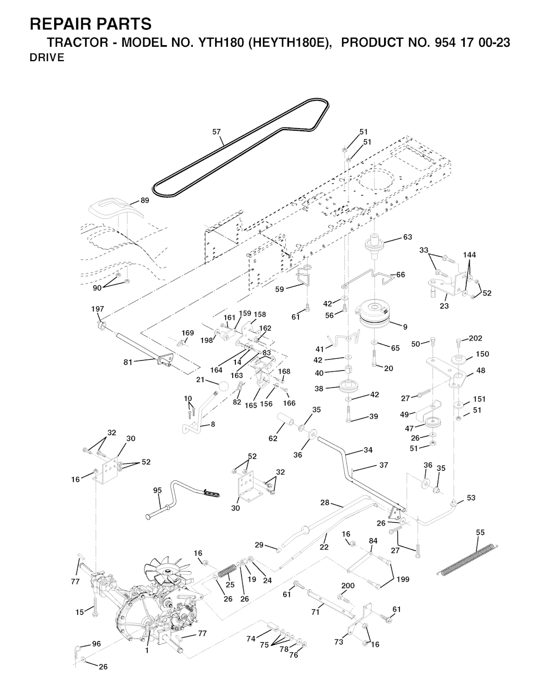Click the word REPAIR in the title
62,24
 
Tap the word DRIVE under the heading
47,58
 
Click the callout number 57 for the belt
217,132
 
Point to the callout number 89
145,200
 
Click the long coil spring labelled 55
468,559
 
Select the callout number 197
98,309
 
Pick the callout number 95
157,490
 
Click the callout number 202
475,338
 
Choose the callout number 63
407,237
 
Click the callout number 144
469,255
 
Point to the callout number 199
403,579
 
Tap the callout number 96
96,644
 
